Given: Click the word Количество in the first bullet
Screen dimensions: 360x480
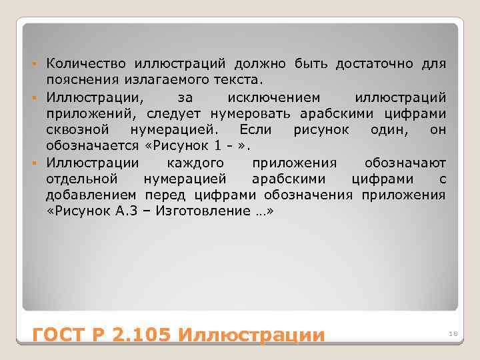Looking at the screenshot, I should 86,64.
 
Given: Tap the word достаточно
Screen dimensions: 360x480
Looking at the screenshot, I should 374,64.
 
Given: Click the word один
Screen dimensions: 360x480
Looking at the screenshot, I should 388,129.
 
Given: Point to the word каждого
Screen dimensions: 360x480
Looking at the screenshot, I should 196,162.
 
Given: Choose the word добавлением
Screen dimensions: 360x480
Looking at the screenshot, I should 91,195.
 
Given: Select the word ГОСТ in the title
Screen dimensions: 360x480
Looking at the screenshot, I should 59,333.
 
